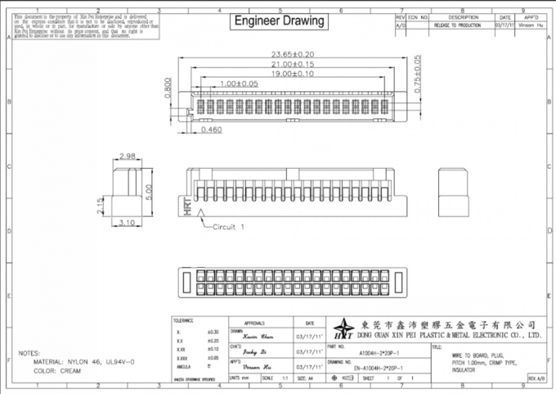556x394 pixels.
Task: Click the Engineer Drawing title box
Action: pos(279,20)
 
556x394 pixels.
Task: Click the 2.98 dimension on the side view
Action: pos(127,156)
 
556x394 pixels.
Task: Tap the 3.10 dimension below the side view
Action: pos(127,222)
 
